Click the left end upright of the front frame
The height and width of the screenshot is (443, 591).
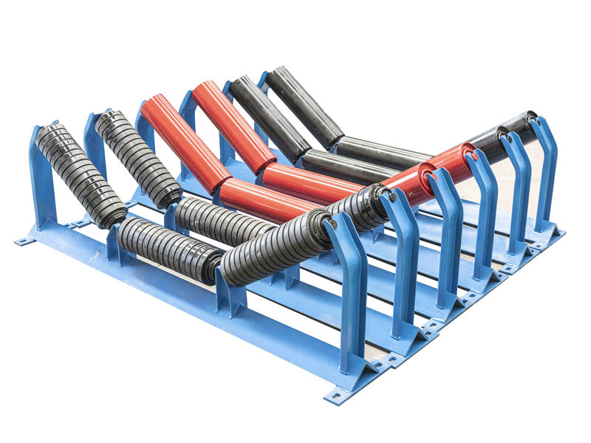tap(41, 185)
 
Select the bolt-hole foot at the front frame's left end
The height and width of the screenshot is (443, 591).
tap(25, 240)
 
